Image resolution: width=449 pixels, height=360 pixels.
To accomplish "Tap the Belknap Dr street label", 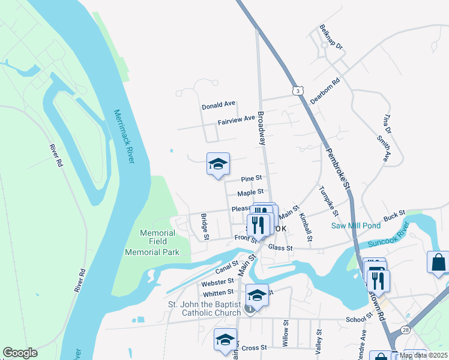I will (331, 37).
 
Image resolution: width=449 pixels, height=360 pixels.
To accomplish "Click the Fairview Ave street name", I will (237, 119).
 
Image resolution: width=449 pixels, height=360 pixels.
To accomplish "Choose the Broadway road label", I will (261, 128).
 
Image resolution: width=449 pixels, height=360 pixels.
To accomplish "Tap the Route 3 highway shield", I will (297, 91).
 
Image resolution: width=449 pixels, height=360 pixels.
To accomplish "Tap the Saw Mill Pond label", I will (355, 226).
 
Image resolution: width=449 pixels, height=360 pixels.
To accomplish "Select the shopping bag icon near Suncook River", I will (438, 262).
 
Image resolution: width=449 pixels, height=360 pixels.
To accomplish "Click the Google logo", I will (20, 353).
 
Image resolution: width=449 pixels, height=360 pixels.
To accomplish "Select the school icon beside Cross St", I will (225, 340).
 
